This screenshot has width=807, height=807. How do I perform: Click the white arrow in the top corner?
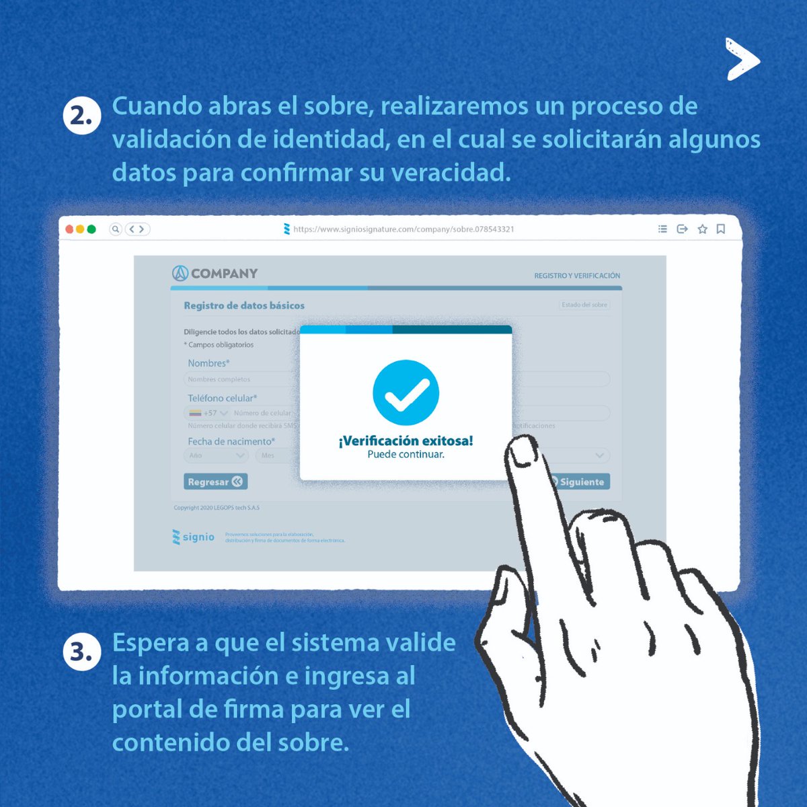[742, 59]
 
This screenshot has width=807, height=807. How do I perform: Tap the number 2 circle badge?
[81, 116]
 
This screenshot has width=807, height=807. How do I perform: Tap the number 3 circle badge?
[81, 652]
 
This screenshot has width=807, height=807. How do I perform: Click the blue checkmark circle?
[406, 393]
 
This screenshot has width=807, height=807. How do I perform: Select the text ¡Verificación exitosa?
[406, 440]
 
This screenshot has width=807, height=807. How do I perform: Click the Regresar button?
[215, 482]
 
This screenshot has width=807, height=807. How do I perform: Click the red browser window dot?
[69, 229]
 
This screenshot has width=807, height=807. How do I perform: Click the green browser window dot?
[91, 229]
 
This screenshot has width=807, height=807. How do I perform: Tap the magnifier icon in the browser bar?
[116, 229]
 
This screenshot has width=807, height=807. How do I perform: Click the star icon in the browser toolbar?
[702, 229]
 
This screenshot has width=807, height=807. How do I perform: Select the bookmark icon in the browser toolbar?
[720, 229]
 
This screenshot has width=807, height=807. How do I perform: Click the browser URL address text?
[403, 229]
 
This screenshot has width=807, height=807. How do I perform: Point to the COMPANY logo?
[215, 273]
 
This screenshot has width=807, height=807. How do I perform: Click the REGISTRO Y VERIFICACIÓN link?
[577, 276]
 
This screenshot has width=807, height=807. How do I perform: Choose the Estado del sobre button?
[584, 305]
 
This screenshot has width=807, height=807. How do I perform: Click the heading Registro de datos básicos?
[244, 305]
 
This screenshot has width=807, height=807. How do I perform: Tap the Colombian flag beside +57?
[195, 413]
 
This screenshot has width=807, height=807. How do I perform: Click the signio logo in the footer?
[194, 537]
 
